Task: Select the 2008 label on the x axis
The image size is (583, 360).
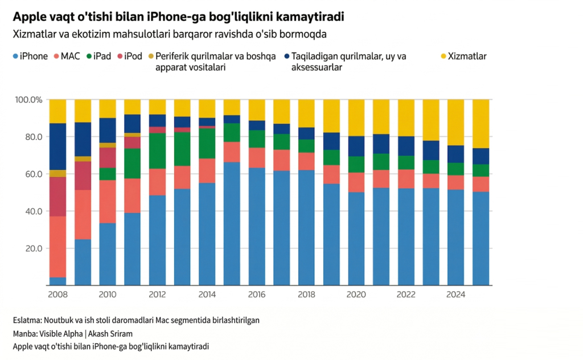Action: (58, 294)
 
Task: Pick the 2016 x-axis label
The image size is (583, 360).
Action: (257, 294)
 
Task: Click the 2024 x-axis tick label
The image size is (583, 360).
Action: (456, 294)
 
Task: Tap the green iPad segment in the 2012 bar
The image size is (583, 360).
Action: (158, 150)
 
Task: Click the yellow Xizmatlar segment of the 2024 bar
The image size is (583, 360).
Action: (456, 122)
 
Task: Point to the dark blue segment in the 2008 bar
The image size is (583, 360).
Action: (58, 146)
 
